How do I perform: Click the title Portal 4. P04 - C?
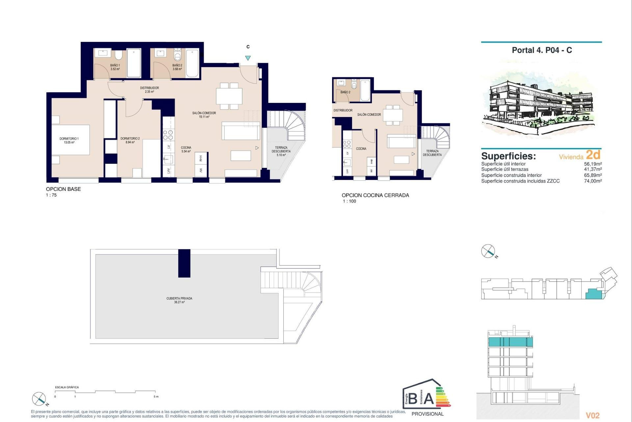(x=541, y=50)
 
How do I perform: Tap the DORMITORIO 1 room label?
(x=69, y=140)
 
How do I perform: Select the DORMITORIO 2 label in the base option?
(x=130, y=140)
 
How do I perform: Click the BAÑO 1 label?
(x=115, y=67)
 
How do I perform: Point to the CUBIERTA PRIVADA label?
(x=179, y=300)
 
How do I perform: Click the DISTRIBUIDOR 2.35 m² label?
(x=149, y=90)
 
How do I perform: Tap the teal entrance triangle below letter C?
(x=248, y=58)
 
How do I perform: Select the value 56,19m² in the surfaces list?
(x=592, y=164)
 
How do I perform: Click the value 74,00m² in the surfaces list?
(x=592, y=181)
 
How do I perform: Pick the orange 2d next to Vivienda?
(x=593, y=155)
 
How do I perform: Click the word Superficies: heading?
(x=508, y=156)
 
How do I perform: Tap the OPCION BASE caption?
(x=63, y=189)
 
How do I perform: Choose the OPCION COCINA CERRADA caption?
(x=375, y=195)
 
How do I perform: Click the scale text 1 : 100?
(x=349, y=201)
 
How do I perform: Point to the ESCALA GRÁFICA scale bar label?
(x=67, y=387)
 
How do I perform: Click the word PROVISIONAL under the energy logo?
(x=428, y=414)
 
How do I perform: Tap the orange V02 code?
(x=592, y=416)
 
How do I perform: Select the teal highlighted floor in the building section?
(x=510, y=342)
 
